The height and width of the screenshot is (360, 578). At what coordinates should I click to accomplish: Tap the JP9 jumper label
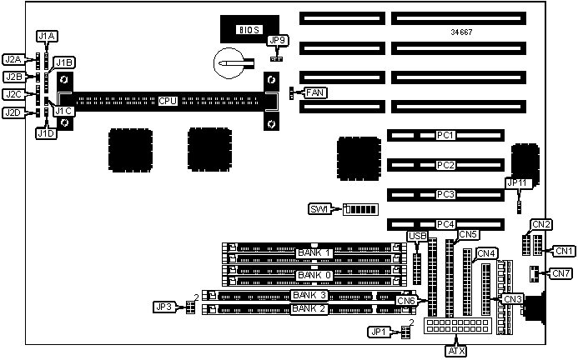278,40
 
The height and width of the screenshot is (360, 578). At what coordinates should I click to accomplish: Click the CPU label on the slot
168,101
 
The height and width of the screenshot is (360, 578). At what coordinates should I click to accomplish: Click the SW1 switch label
320,208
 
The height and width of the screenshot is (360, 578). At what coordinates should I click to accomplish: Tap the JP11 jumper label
518,183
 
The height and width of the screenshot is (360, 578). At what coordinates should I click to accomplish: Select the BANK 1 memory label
314,252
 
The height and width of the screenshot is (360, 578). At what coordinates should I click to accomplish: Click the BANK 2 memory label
309,310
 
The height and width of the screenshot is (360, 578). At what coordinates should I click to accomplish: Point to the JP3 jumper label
163,307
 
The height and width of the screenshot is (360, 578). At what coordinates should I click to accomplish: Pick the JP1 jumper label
379,332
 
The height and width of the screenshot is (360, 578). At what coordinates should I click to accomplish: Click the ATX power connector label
457,351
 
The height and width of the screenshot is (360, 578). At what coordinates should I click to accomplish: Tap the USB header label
418,237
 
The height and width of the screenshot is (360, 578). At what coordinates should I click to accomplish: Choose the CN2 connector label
542,223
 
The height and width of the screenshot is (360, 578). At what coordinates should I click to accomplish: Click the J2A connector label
13,60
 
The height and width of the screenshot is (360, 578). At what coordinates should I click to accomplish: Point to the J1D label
46,132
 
